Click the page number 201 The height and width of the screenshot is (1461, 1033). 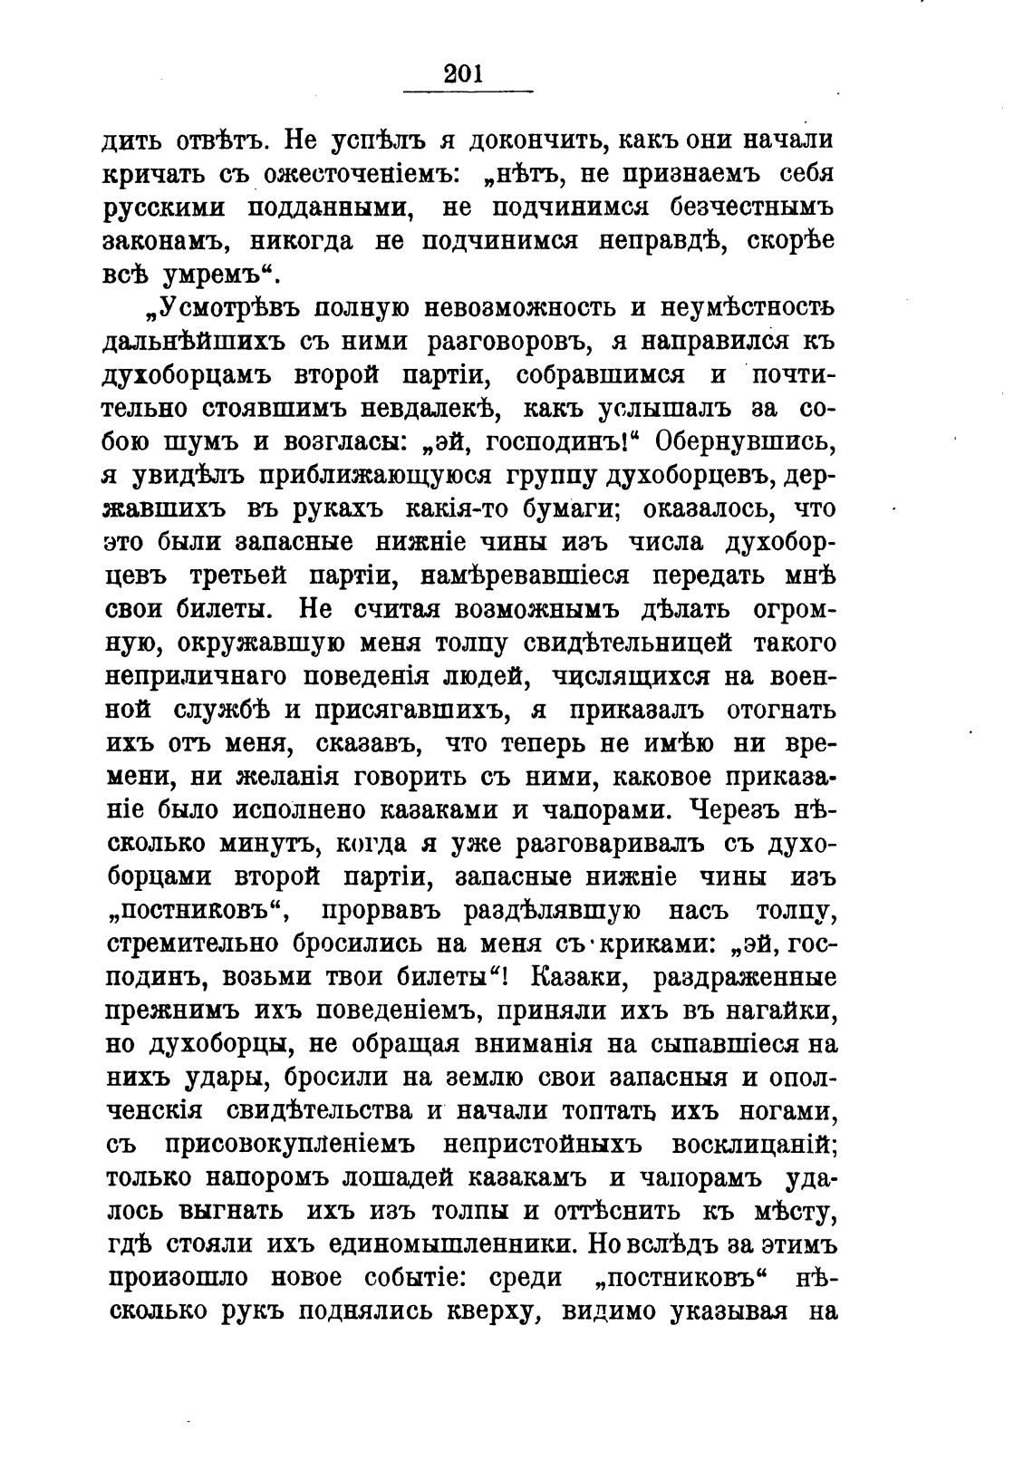click(x=466, y=73)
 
